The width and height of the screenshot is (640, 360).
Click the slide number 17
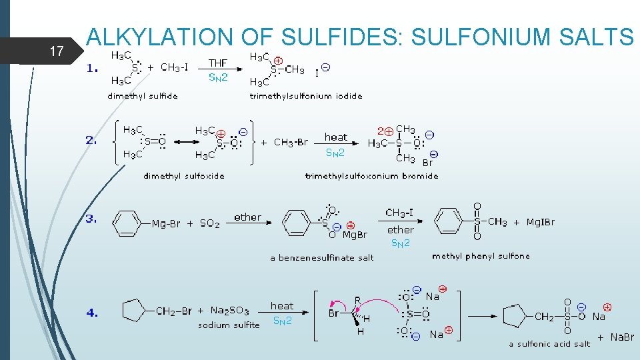[x=56, y=50]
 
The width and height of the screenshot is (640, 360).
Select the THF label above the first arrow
[x=218, y=63]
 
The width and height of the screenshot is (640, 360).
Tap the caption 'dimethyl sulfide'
[x=143, y=96]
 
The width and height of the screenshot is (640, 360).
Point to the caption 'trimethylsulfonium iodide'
[x=306, y=96]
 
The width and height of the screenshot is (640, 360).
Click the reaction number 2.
[x=91, y=141]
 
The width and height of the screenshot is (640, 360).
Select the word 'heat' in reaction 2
[x=335, y=137]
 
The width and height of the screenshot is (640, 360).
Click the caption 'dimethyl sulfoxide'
[x=184, y=176]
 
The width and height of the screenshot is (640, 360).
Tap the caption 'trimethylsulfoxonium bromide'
[x=371, y=176]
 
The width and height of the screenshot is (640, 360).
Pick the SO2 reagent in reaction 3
[x=210, y=224]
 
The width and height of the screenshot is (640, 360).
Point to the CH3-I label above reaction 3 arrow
[x=400, y=213]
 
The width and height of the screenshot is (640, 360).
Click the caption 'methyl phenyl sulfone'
[x=481, y=256]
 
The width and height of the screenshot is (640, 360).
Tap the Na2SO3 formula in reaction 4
[x=229, y=311]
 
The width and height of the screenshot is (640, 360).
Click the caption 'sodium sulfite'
[x=229, y=325]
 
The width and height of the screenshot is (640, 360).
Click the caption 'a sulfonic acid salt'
[x=549, y=344]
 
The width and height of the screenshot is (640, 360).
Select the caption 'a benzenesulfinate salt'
[x=322, y=258]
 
